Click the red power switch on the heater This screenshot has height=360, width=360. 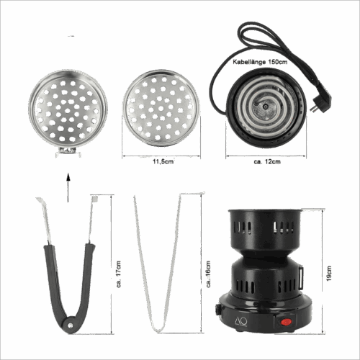click(286, 322)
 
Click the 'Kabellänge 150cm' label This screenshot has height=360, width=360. click(260, 62)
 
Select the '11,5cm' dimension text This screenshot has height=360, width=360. click(163, 161)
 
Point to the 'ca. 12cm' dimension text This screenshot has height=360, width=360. click(267, 161)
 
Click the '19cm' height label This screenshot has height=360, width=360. click(329, 273)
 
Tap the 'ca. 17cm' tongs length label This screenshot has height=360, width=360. click(119, 274)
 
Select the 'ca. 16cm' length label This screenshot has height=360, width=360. click(208, 274)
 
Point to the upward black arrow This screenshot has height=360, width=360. click(68, 187)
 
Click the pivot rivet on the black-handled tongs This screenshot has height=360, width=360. click(70, 325)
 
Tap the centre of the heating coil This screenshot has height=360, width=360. click(265, 107)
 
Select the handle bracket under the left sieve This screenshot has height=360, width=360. click(68, 151)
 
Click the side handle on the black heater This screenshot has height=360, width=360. click(300, 278)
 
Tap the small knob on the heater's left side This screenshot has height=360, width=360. click(217, 310)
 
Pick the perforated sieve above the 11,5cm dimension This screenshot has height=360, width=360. click(161, 109)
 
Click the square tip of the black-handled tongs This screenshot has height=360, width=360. click(94, 199)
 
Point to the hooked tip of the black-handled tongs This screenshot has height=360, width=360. click(40, 200)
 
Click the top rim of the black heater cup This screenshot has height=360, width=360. click(265, 211)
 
